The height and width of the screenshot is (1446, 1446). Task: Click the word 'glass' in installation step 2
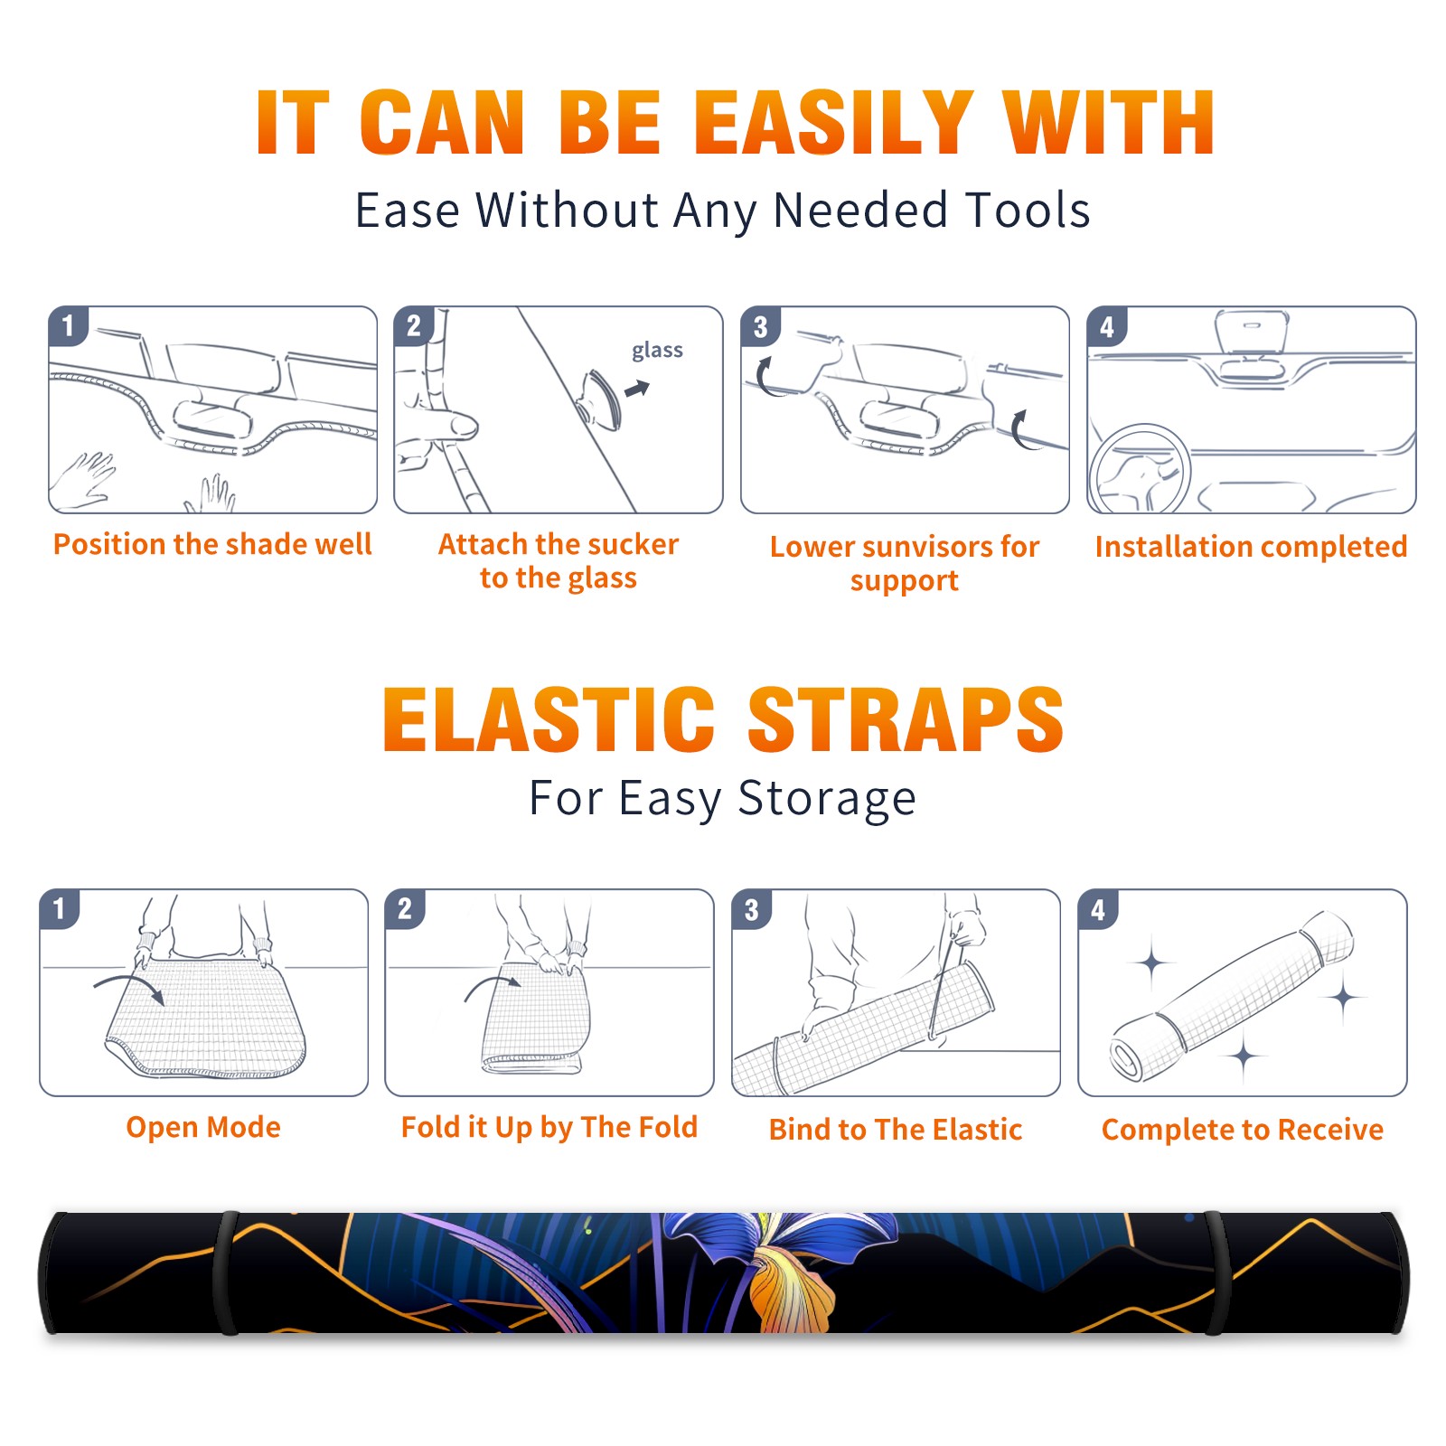point(657,351)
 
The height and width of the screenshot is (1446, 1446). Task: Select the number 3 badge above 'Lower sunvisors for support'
point(761,326)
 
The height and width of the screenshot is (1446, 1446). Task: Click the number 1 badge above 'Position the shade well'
point(69,325)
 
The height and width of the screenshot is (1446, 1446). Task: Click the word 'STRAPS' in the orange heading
point(906,719)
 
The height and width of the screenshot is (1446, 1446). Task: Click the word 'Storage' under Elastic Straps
point(827,799)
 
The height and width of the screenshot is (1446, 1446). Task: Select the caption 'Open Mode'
point(203,1127)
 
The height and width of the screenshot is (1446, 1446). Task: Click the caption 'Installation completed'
point(1251,546)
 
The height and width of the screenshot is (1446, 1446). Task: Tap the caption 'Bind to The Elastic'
point(896,1130)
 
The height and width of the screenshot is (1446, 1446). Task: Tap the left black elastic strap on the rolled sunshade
point(226,1272)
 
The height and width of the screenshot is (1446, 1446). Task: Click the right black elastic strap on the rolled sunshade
point(1216,1272)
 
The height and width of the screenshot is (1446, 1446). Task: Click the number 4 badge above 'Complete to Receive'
point(1098,909)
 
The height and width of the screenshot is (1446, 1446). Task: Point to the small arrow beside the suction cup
point(637,389)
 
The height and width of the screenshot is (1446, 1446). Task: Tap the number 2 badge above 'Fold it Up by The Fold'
point(405,908)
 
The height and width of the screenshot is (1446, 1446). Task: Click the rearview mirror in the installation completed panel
point(1252,332)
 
